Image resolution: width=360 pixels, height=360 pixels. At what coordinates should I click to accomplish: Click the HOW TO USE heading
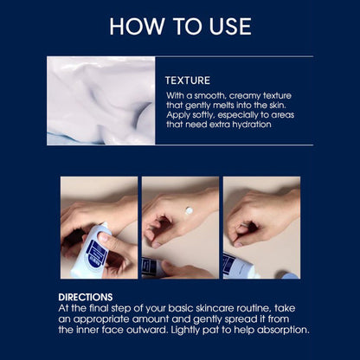pyautogui.click(x=180, y=26)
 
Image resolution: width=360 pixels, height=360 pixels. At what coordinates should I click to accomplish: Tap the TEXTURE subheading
pyautogui.click(x=187, y=80)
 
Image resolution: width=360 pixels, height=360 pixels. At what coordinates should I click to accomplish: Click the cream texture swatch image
pyautogui.click(x=101, y=100)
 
